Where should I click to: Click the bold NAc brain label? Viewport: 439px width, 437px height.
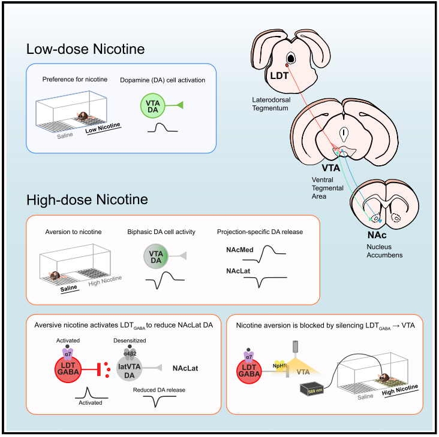click(x=377, y=235)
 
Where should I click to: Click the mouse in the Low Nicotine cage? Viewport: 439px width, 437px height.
click(x=84, y=117)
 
